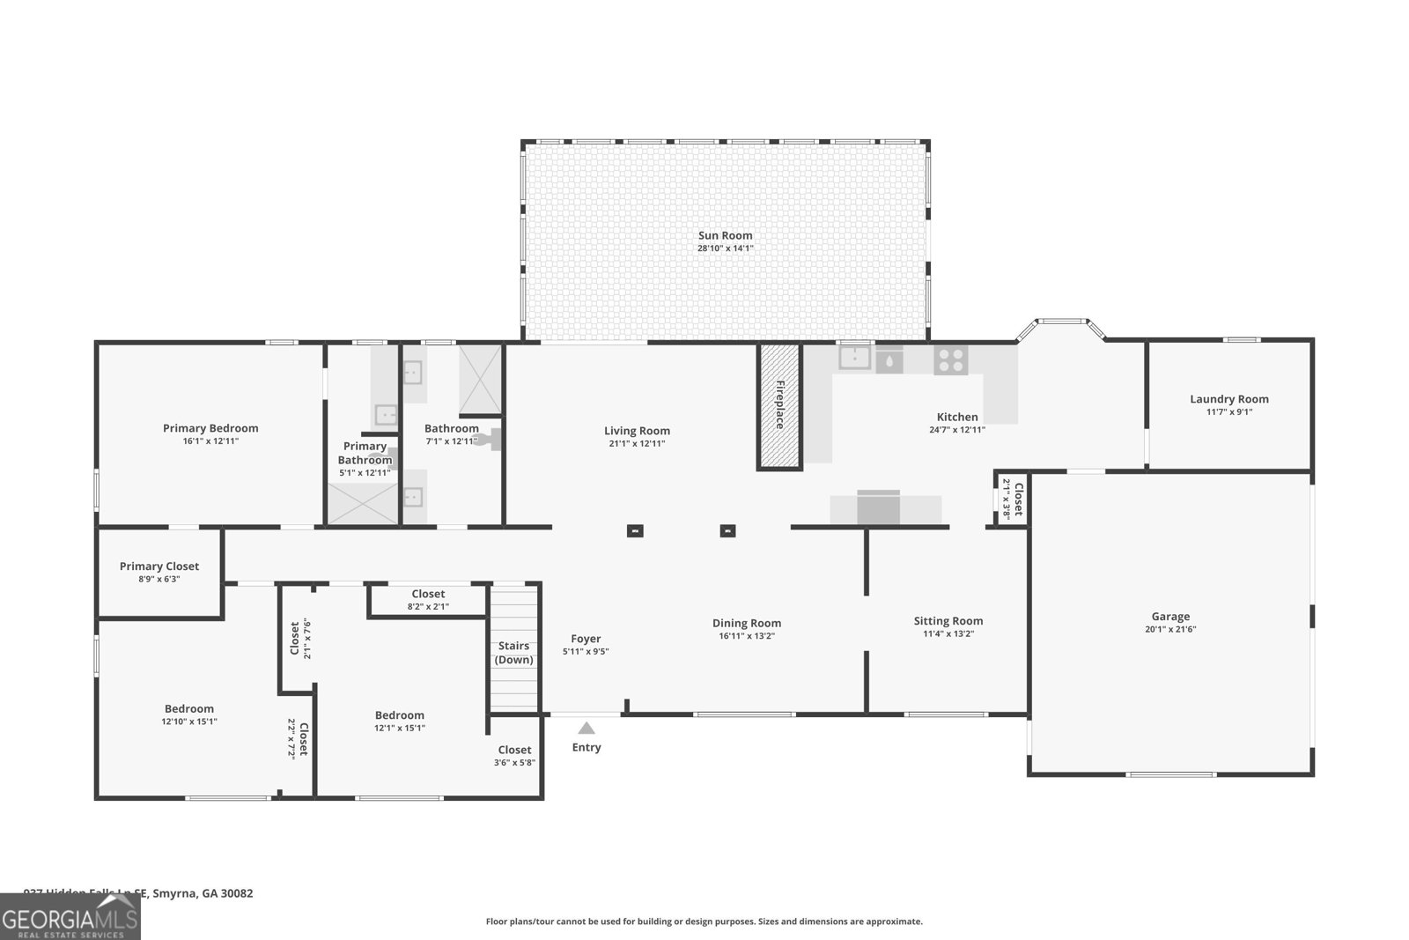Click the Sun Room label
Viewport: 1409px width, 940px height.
click(725, 235)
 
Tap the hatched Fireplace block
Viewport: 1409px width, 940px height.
click(779, 405)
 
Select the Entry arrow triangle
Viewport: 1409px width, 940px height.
click(586, 729)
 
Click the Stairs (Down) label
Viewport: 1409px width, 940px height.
click(513, 653)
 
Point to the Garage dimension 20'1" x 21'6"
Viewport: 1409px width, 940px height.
click(1170, 629)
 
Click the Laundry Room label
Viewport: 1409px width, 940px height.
click(1228, 399)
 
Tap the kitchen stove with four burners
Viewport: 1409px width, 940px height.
click(950, 359)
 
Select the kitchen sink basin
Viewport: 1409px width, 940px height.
click(854, 358)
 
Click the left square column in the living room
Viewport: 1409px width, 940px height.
click(635, 531)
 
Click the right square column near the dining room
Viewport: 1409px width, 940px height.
click(727, 531)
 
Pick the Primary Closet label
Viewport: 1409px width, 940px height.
click(159, 566)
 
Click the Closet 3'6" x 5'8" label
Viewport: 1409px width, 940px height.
click(514, 750)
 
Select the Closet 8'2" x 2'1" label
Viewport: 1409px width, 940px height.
click(428, 594)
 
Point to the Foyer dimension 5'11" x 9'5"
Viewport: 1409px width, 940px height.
click(586, 652)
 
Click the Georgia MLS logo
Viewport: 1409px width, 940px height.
click(70, 917)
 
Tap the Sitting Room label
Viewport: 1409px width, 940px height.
click(948, 621)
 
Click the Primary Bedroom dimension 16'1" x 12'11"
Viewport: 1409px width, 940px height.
click(210, 440)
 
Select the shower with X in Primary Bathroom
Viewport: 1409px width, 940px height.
click(363, 504)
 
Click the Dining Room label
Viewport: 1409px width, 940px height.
click(747, 623)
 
